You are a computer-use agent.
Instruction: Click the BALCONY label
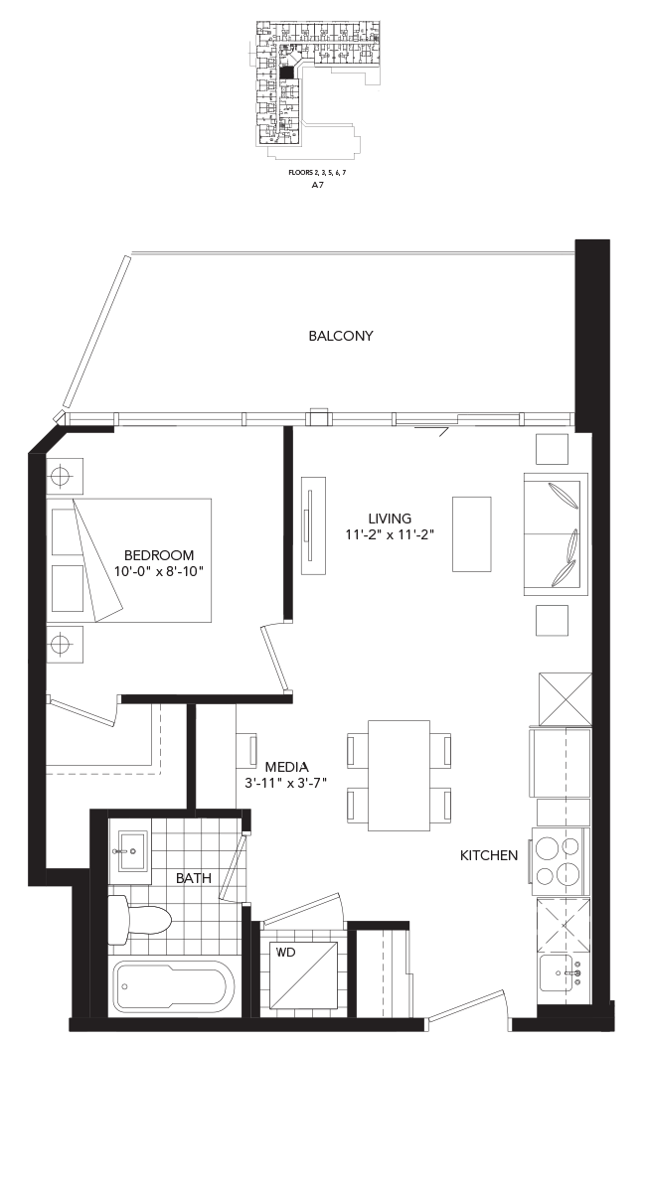(340, 336)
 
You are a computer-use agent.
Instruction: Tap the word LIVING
(390, 518)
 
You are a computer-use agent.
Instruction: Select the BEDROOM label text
(159, 555)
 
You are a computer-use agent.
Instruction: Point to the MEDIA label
(286, 767)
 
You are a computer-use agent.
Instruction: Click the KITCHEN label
(488, 855)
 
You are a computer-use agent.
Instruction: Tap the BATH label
(193, 878)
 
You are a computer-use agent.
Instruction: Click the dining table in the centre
(399, 775)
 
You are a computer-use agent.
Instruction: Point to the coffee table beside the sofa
(471, 533)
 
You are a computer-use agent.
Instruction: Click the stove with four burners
(561, 861)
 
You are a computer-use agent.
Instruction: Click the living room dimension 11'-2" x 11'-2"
(389, 534)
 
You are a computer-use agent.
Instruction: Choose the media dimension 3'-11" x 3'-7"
(287, 784)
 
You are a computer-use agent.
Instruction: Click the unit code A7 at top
(317, 185)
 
